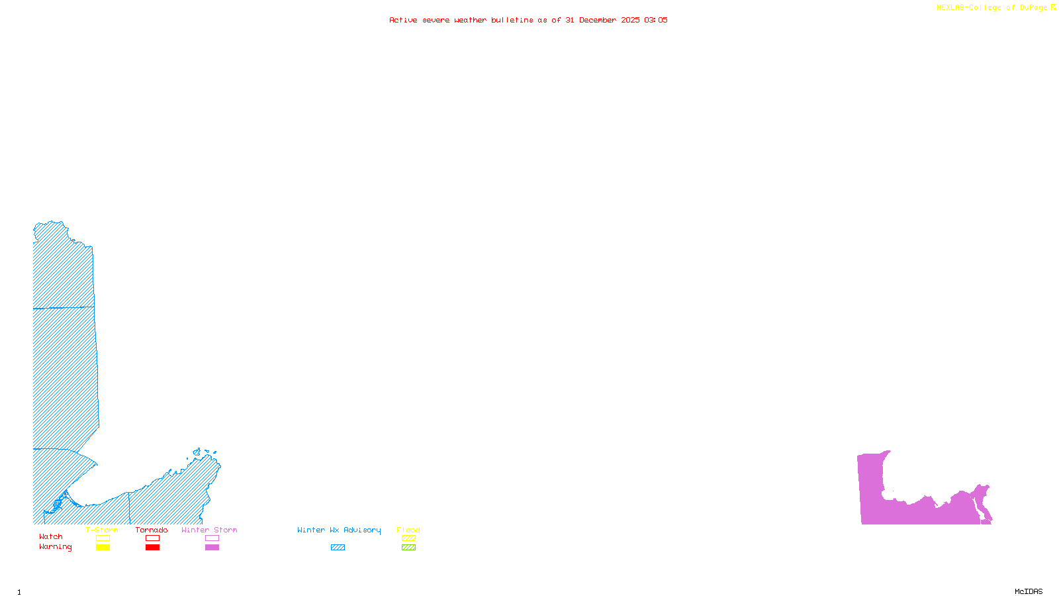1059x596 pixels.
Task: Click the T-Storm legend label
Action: [x=102, y=530]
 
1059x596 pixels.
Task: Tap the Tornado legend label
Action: [x=152, y=530]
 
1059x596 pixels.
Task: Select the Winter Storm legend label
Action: [x=209, y=530]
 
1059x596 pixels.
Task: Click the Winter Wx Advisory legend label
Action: [x=339, y=530]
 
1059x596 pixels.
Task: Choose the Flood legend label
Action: [x=408, y=530]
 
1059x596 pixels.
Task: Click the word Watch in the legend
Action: [x=51, y=537]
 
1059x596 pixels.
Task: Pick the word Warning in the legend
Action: [x=56, y=547]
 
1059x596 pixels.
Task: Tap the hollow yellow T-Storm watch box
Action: [x=103, y=538]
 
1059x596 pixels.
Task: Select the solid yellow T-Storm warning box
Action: [x=103, y=548]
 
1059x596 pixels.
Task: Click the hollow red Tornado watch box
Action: [x=152, y=538]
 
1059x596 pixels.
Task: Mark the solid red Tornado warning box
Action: [x=152, y=548]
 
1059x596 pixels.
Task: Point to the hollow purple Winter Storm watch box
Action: [x=212, y=538]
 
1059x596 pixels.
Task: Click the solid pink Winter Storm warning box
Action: [x=212, y=548]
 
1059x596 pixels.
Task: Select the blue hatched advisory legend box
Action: [x=338, y=548]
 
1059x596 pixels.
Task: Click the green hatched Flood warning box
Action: [x=408, y=548]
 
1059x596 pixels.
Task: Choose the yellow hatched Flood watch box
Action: [x=408, y=538]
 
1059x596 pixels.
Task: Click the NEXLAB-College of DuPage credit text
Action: [x=995, y=8]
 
